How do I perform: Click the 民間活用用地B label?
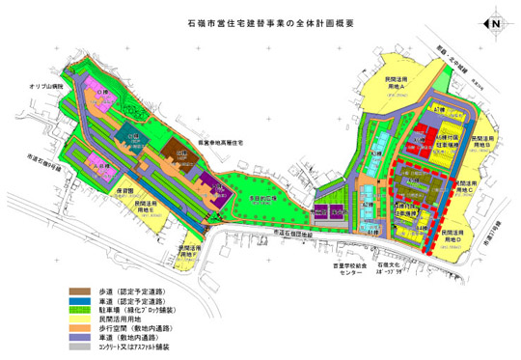click(489, 142)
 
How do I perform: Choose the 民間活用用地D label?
click(455, 235)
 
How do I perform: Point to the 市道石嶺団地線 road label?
click(289, 234)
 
